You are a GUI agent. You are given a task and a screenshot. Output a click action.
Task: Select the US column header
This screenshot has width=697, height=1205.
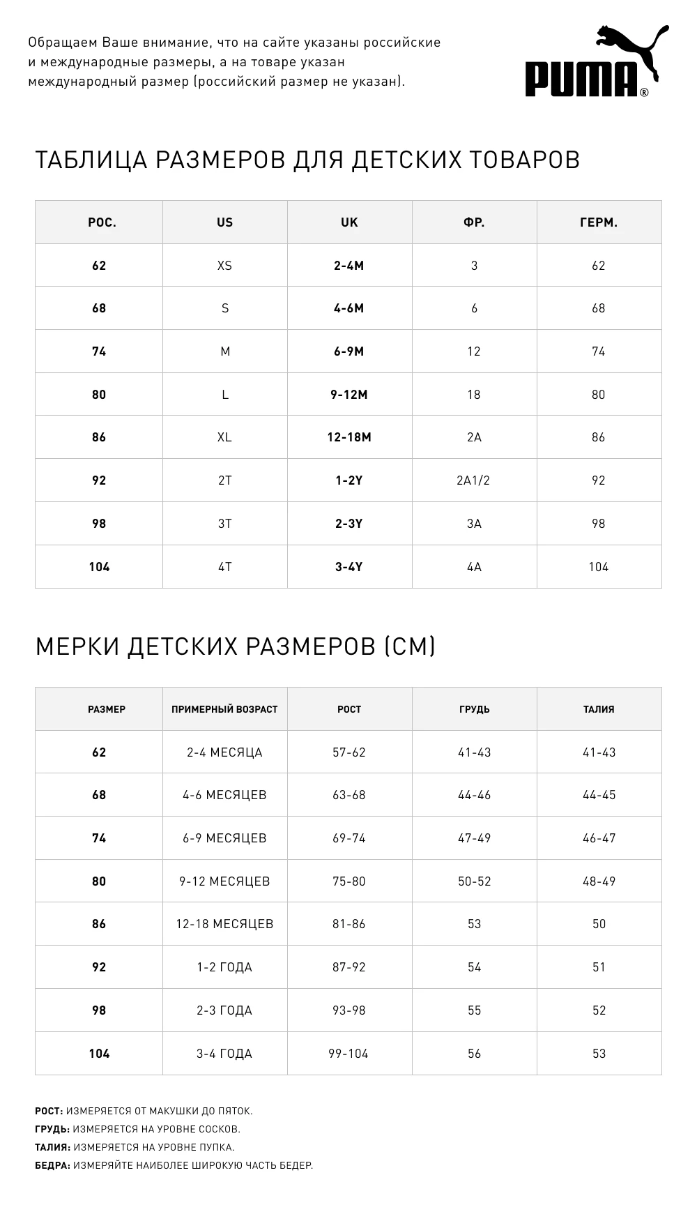click(224, 222)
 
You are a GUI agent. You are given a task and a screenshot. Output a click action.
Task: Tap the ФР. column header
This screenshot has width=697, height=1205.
click(474, 222)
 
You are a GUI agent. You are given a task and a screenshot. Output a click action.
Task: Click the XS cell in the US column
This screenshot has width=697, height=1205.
click(224, 266)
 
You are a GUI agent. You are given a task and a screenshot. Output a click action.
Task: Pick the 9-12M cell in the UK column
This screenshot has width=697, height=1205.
click(349, 395)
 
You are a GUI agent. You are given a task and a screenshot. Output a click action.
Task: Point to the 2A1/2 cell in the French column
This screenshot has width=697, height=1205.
click(474, 480)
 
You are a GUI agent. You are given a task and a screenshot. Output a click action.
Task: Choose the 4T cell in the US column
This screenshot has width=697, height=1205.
click(224, 567)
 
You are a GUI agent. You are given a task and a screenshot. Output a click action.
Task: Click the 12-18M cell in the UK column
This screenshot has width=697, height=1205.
click(349, 437)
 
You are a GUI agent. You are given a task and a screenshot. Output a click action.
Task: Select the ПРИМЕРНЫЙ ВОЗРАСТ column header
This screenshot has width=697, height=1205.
click(224, 709)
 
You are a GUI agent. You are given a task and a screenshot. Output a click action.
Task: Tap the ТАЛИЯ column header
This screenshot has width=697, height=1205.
click(599, 709)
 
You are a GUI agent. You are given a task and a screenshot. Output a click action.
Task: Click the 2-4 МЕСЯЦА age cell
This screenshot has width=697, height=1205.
click(224, 752)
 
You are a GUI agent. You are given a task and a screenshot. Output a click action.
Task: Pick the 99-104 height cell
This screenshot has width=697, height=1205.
click(348, 1054)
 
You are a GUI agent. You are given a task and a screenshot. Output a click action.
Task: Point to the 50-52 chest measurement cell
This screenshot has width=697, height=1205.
click(474, 881)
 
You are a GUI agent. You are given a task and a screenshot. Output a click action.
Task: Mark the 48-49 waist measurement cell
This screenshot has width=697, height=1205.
click(599, 881)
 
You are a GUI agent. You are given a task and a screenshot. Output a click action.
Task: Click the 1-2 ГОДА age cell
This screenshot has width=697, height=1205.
click(224, 967)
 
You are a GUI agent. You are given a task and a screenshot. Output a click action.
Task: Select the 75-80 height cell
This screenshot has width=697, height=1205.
click(349, 881)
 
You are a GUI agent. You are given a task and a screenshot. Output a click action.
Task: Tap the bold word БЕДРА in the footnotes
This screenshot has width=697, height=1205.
click(52, 1165)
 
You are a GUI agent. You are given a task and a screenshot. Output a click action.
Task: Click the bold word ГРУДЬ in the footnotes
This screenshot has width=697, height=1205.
click(52, 1129)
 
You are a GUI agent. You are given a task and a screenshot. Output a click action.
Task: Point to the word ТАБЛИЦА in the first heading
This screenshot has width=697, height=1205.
click(91, 160)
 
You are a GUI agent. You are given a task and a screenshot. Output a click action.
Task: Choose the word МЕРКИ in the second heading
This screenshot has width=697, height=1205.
click(77, 646)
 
